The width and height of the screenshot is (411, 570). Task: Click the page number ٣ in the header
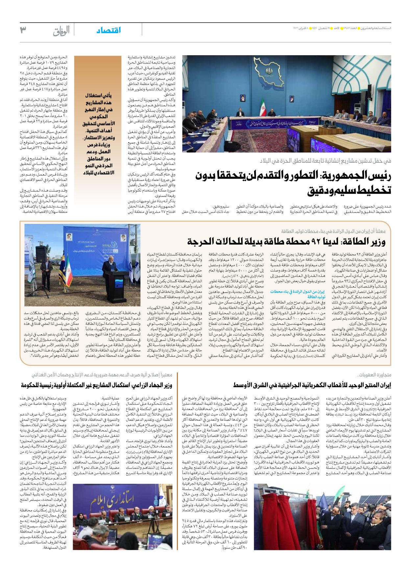click(x=23, y=30)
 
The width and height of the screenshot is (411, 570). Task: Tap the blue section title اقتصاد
click(x=109, y=30)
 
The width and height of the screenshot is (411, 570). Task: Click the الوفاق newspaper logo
click(x=61, y=31)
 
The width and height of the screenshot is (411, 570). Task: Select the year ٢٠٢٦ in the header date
click(x=297, y=28)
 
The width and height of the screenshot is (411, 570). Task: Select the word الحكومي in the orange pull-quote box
click(x=98, y=116)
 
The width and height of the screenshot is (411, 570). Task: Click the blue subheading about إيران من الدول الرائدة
click(x=298, y=294)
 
